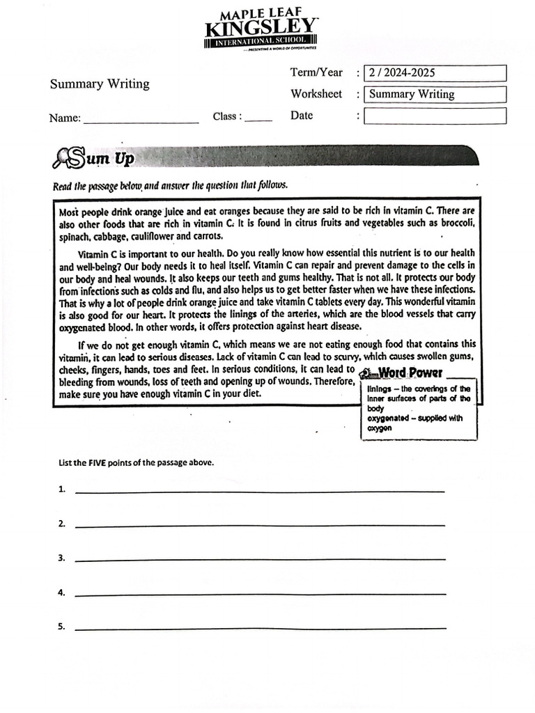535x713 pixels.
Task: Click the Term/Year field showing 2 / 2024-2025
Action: tap(435, 73)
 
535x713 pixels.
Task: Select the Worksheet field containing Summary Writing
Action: tap(435, 94)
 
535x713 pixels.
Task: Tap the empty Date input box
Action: tap(435, 116)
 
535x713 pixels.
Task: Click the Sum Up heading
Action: tap(108, 159)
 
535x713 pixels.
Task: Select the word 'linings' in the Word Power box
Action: tap(380, 389)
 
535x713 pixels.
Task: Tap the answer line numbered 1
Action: tap(259, 490)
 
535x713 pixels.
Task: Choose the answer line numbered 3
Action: tap(259, 558)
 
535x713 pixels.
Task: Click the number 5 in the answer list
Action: tap(61, 626)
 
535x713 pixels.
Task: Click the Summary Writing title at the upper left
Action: tap(100, 84)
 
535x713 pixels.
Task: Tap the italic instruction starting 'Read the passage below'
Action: tap(170, 186)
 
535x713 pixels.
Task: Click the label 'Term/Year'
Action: tap(316, 72)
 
